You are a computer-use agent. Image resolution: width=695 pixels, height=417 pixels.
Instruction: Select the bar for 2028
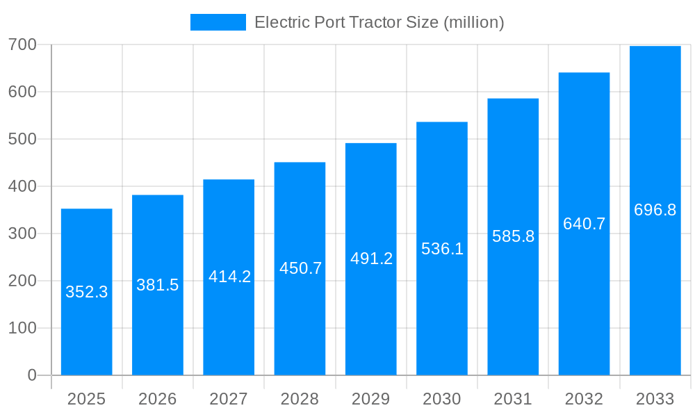[300, 320]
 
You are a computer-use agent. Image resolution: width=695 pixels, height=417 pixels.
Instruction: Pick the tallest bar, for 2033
[655, 278]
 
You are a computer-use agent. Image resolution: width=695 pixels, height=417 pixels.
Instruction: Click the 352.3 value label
[86, 292]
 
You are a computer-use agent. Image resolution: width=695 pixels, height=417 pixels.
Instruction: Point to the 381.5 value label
[157, 285]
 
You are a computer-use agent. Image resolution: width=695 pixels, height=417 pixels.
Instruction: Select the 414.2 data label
[229, 277]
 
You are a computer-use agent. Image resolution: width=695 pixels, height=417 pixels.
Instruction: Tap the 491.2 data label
[371, 259]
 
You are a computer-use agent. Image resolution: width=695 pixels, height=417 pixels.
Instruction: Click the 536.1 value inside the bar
[442, 249]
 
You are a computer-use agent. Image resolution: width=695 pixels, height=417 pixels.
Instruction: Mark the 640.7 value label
[584, 224]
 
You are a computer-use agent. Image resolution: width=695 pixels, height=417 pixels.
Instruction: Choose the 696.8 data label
[655, 210]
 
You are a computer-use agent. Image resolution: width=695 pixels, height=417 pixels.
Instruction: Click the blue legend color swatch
[218, 22]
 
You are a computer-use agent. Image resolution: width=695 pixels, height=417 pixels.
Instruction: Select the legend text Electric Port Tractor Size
[379, 22]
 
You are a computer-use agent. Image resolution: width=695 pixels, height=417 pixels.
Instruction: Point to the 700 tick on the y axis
[22, 44]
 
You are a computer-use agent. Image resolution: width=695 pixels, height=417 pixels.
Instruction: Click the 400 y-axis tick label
[22, 186]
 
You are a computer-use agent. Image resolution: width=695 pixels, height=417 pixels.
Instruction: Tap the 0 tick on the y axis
[32, 375]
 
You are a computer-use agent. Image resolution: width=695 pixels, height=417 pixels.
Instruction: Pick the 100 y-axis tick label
[22, 328]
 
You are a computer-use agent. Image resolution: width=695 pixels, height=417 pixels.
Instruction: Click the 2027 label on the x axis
[229, 399]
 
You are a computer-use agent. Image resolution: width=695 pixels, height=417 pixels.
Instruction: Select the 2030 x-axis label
[442, 399]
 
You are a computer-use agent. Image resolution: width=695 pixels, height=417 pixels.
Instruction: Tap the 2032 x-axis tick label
[584, 399]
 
